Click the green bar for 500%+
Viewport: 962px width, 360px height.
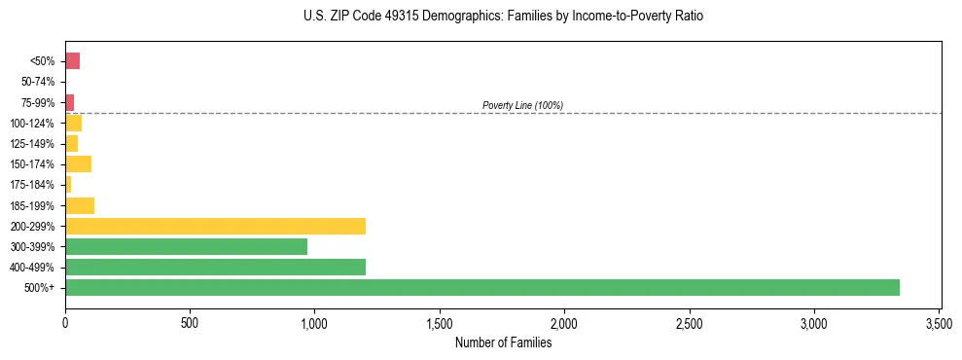[481, 287]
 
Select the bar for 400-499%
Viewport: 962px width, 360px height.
[215, 267]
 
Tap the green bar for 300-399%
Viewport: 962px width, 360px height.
[186, 246]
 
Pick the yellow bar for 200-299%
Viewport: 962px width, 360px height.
[215, 226]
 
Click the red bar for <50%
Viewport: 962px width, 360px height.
[72, 61]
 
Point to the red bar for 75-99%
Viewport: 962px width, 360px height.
[70, 102]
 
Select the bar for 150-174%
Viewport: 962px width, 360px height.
[78, 163]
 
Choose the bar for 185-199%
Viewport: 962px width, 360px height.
[80, 205]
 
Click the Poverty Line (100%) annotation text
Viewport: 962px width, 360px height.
[522, 105]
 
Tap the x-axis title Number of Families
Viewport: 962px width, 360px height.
[503, 342]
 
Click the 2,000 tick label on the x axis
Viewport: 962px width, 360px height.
[564, 322]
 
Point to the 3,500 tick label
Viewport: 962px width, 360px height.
[939, 322]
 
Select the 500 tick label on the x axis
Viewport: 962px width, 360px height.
[190, 322]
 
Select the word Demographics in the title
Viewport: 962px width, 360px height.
[461, 17]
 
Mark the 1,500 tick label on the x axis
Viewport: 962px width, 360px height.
[440, 322]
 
